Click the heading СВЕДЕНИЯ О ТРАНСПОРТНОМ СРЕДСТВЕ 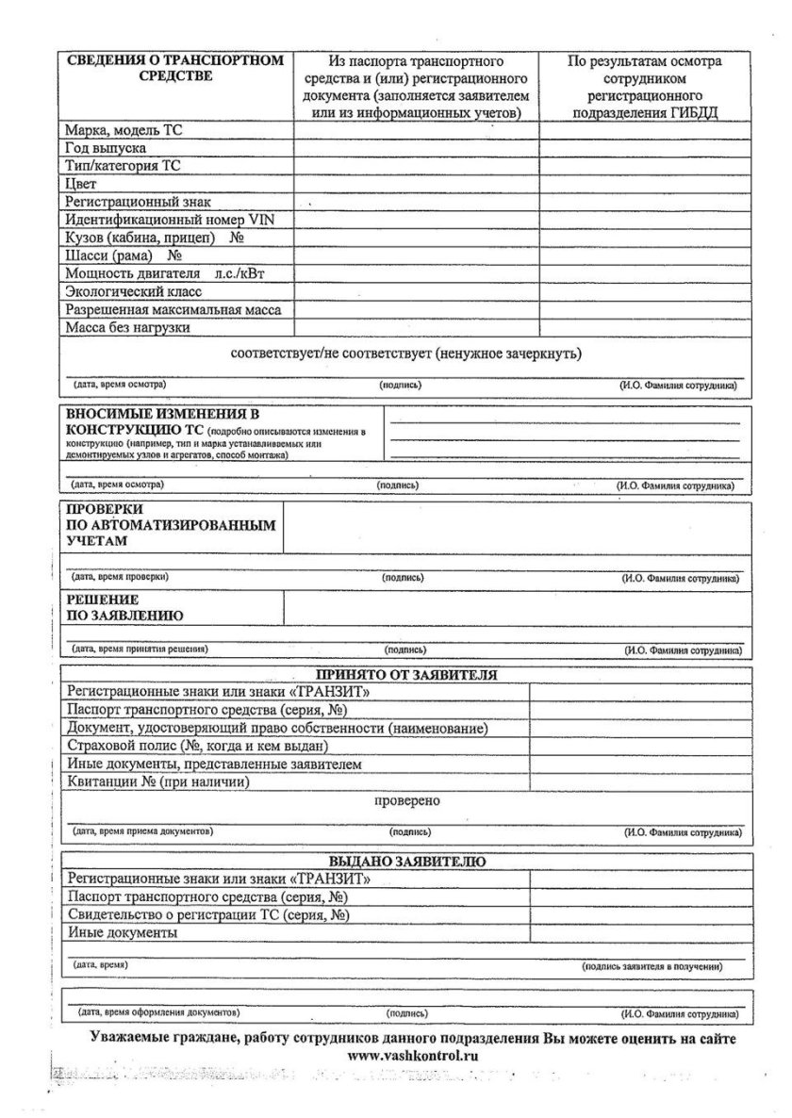[174, 69]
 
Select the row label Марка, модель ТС [123, 130]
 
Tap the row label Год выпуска [105, 148]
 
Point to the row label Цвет [81, 184]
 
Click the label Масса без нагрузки [127, 327]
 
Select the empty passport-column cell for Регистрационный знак [416, 202]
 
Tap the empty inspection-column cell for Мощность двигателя [646, 273]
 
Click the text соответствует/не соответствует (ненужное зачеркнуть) [406, 354]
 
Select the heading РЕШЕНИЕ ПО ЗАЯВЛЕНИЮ [124, 607]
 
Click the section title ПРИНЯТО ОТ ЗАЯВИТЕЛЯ [406, 675]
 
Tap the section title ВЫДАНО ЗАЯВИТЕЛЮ [406, 862]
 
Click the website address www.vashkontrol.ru [412, 1056]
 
